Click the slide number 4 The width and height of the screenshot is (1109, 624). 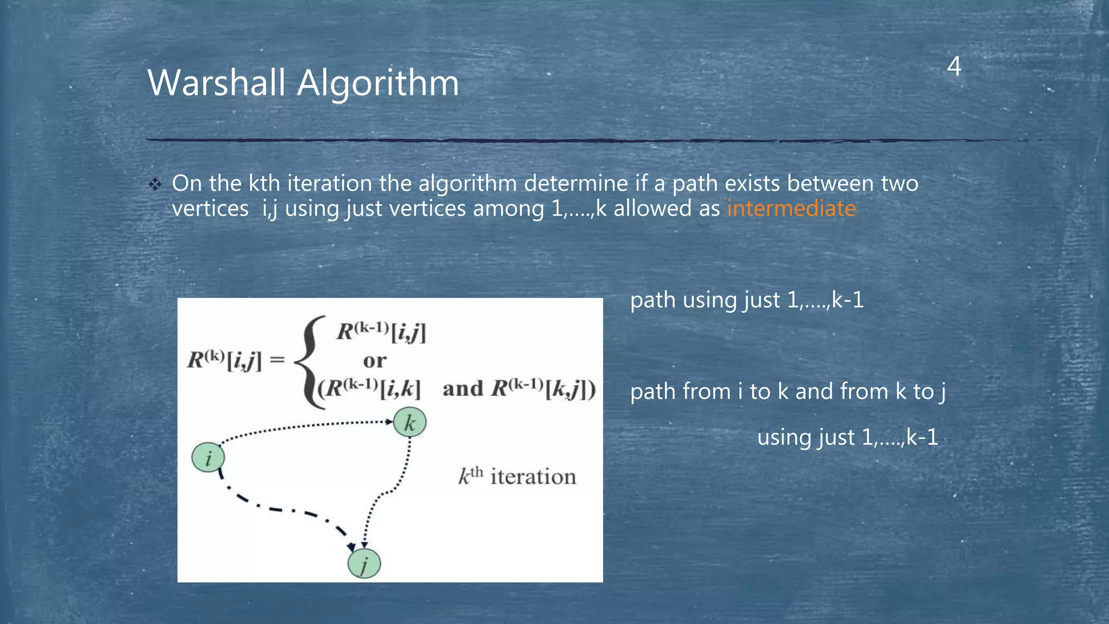coord(954,67)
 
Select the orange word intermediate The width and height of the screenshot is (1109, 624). coord(791,209)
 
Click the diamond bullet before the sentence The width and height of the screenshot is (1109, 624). coord(155,185)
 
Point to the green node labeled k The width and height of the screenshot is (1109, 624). coord(409,422)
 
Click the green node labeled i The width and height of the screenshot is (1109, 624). coord(208,458)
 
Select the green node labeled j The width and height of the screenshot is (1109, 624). coord(364,564)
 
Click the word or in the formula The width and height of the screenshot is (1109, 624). coord(375,361)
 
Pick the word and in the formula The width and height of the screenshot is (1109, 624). coord(462,389)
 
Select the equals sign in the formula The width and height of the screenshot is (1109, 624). coord(277,360)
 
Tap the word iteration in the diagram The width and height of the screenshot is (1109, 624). coord(533,477)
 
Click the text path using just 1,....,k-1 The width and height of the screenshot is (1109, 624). coord(747,300)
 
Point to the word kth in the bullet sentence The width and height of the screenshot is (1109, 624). coord(264,184)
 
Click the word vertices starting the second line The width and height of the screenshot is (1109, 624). coord(210,209)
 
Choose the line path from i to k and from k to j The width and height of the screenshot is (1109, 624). coord(787,392)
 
